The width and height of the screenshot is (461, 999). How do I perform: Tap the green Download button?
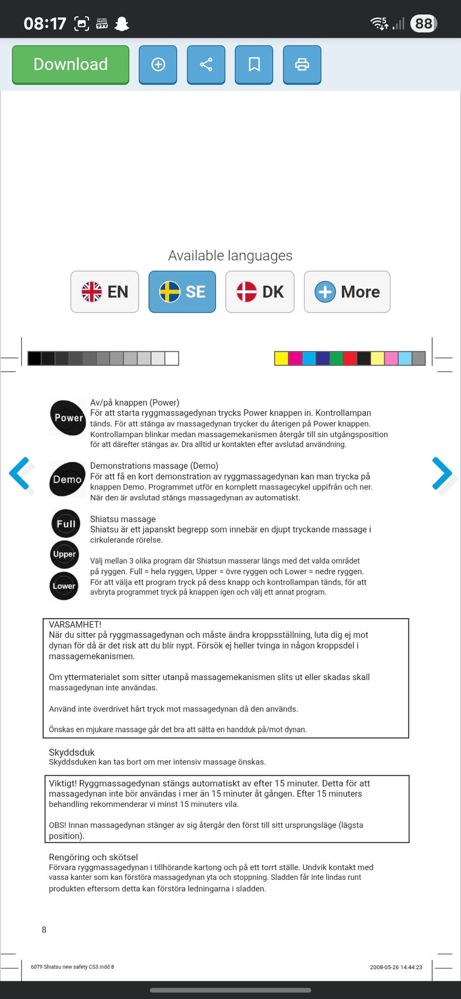tap(71, 65)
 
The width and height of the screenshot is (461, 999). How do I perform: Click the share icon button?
tap(206, 65)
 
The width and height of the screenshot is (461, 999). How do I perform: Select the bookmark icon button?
tap(254, 65)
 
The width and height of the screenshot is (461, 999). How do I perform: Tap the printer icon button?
tap(302, 65)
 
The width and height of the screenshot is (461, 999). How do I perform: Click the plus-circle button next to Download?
tap(158, 65)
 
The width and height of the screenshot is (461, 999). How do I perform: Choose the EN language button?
tap(105, 292)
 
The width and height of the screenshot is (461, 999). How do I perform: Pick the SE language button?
tap(182, 292)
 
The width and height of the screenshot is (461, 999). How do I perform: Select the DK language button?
tap(260, 292)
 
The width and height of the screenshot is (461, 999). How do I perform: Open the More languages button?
tap(347, 292)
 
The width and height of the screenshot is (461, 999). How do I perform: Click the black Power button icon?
tap(68, 417)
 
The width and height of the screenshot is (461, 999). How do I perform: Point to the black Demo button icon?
tap(67, 479)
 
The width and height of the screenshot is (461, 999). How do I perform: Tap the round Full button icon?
tap(66, 523)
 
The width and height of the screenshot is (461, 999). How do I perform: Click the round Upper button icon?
tap(64, 554)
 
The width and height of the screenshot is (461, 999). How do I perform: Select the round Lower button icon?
tap(64, 585)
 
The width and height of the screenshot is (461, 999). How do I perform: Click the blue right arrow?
tap(442, 474)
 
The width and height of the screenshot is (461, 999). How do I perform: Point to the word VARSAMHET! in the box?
tap(75, 624)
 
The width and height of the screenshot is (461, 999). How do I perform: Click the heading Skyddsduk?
tap(72, 752)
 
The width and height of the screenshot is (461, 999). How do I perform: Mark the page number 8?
tap(44, 930)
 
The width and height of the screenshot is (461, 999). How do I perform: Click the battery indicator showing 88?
tap(424, 24)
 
